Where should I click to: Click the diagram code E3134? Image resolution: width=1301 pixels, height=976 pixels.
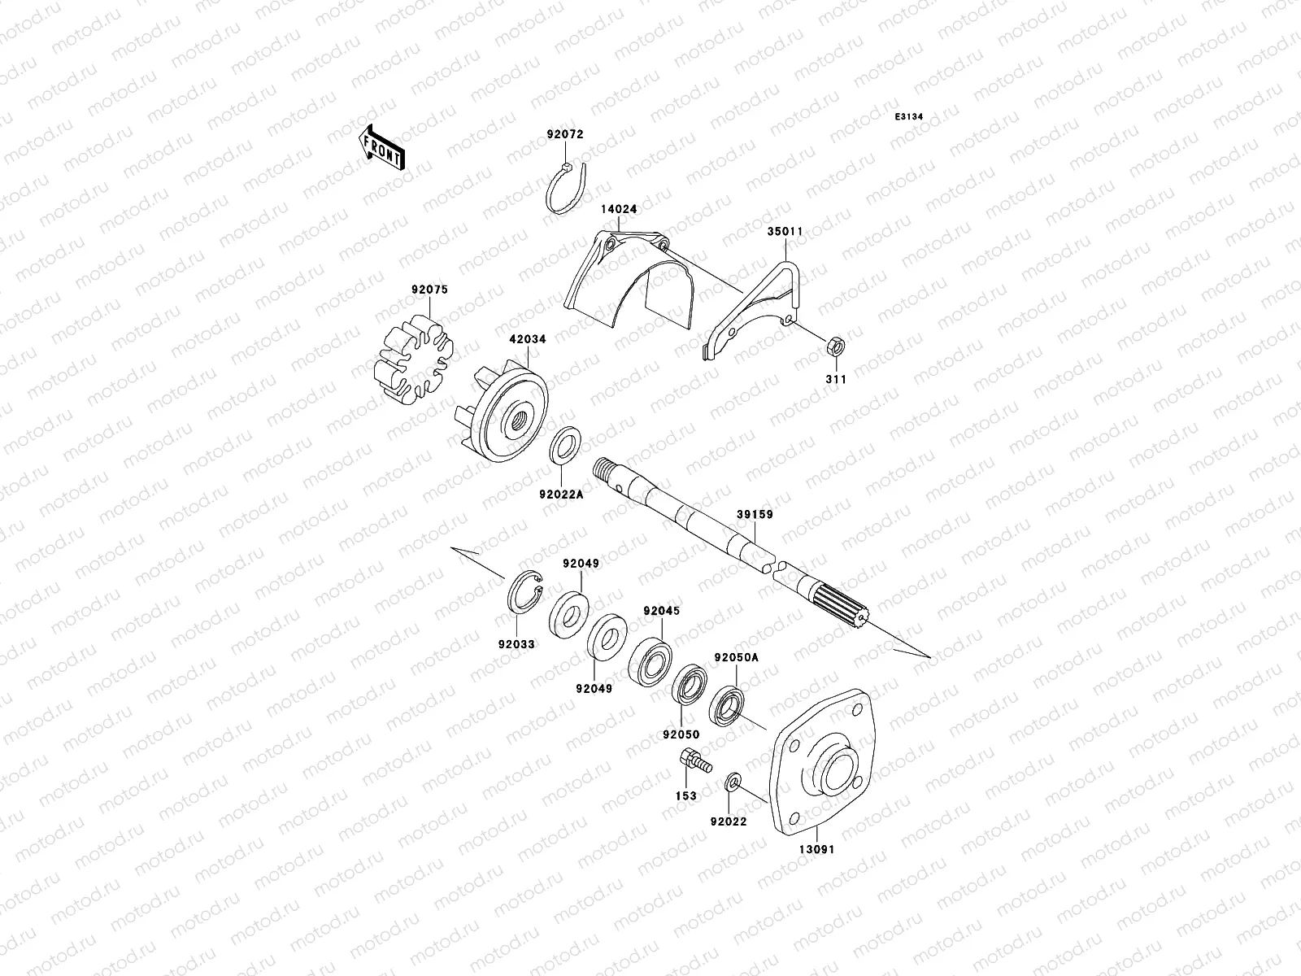click(909, 117)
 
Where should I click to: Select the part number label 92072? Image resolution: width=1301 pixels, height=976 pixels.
click(564, 134)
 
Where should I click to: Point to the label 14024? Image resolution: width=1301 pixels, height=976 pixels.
click(619, 210)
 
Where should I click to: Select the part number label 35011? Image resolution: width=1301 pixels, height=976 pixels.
click(785, 231)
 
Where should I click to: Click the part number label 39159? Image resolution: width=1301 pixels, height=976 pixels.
click(755, 514)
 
